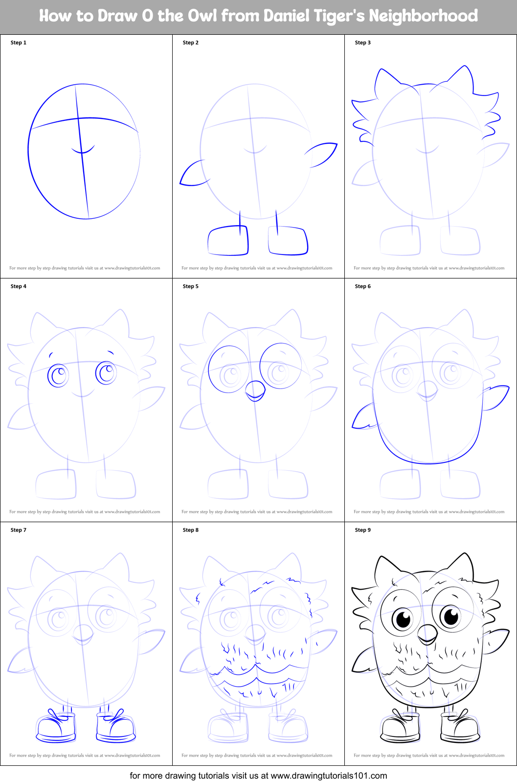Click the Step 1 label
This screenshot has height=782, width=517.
coord(19,43)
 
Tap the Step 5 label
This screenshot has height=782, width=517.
coord(191,286)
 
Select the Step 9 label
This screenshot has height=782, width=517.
coord(363,530)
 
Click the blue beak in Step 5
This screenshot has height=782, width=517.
coord(255,391)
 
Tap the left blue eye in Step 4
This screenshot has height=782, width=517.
coord(58,375)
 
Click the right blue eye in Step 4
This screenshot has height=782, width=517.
coord(106,373)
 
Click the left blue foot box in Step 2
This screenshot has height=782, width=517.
coord(228,240)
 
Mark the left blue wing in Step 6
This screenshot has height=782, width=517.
coord(363,417)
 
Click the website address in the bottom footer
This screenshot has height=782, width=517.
coord(329,776)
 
